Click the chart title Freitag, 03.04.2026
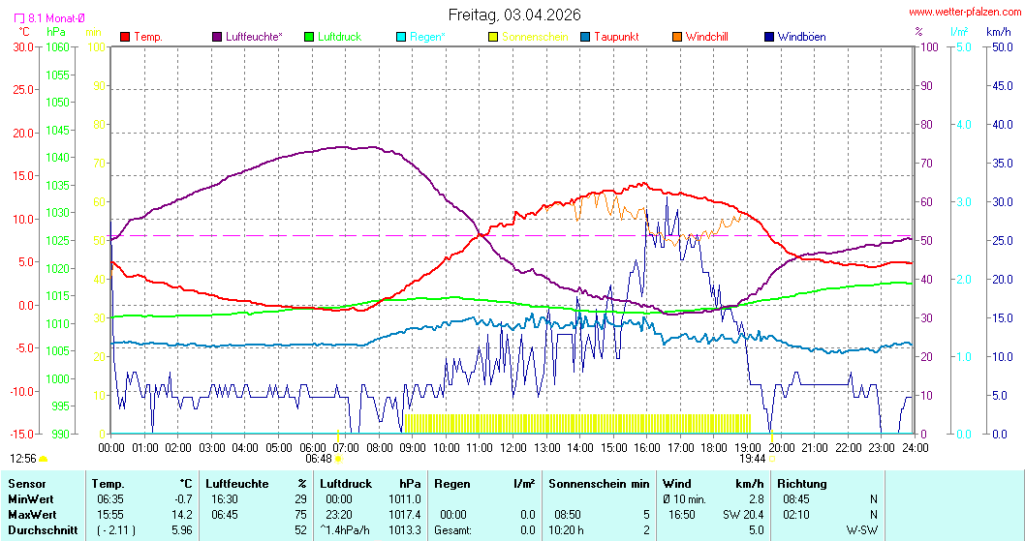coord(513,15)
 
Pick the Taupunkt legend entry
coord(615,37)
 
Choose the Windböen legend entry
coord(801,37)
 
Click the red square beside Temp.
coord(125,37)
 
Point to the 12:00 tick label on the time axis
coord(513,448)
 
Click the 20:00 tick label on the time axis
coord(782,448)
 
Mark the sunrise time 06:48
coord(319,459)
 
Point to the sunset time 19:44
coord(754,459)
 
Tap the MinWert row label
coord(30,498)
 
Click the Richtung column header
coord(803,483)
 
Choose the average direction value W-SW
coord(862,530)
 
